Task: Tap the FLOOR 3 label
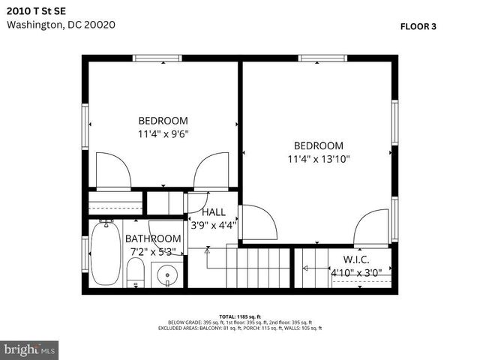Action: click(418, 25)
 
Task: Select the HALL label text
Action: click(213, 212)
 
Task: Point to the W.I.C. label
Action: click(357, 259)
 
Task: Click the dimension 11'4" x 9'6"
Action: click(163, 134)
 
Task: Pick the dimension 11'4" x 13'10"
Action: click(318, 159)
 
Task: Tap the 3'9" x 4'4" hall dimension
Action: click(213, 224)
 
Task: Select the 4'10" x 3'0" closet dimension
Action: click(357, 272)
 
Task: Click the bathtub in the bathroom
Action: click(105, 254)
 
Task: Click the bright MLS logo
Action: click(30, 349)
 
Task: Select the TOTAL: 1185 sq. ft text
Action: click(239, 316)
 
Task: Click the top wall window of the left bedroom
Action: click(157, 58)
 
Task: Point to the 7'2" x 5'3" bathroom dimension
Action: click(153, 251)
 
